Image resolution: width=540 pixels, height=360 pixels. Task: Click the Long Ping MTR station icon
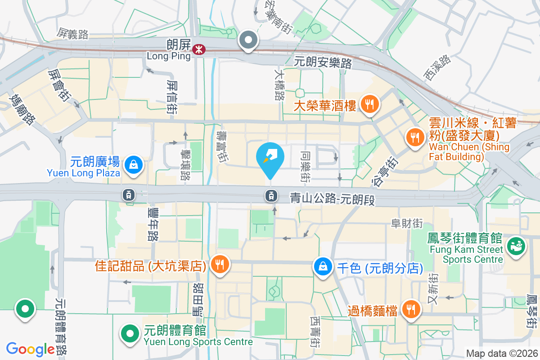click(x=198, y=49)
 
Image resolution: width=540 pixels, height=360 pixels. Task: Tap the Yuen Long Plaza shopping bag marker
click(x=134, y=164)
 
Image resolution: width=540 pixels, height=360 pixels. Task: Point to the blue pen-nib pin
click(x=270, y=157)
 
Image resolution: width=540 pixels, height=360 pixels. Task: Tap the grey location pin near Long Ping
click(x=248, y=40)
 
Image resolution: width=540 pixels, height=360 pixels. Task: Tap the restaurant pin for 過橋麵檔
click(x=410, y=310)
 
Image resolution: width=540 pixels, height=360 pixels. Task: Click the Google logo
click(x=31, y=349)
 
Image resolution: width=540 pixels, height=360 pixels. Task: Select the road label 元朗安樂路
click(x=323, y=63)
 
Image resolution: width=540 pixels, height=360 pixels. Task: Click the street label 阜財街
click(x=407, y=223)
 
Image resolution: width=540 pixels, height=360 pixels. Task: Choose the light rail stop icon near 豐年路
click(x=129, y=195)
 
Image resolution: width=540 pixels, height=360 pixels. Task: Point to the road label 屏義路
click(x=72, y=33)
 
